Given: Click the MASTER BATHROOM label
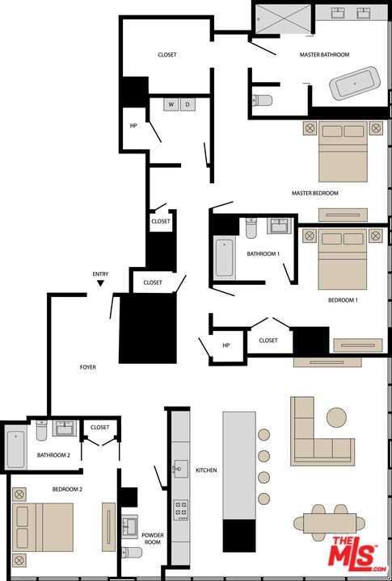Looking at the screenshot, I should [x=324, y=55].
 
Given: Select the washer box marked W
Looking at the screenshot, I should [x=171, y=104].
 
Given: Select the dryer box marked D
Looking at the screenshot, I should [x=188, y=104].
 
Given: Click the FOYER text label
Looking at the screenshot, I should [x=87, y=367].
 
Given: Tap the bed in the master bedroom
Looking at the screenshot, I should [x=343, y=150].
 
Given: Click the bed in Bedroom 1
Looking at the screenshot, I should [x=343, y=258].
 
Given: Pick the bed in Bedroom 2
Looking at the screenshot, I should [x=44, y=527].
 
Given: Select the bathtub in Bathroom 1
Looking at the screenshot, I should [x=224, y=258].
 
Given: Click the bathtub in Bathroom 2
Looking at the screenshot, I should [x=17, y=449].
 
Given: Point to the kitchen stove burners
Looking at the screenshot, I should [x=181, y=509].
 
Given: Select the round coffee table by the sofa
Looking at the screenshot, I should [x=336, y=416].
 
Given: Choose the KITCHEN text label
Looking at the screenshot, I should [x=205, y=470].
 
